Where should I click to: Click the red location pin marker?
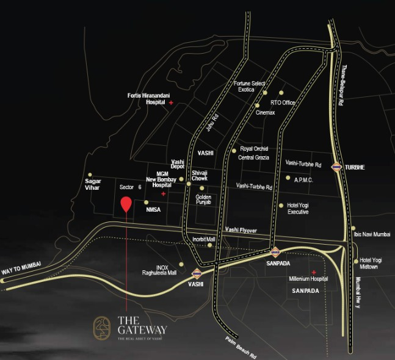coord(126,204)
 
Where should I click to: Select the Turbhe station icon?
coord(336,167)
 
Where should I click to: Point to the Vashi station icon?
coord(197,273)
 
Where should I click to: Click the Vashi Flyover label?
coord(241,230)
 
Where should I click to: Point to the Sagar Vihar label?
coord(93,185)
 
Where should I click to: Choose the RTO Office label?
coord(283,103)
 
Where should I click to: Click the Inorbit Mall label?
coord(204,240)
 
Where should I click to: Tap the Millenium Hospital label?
coord(308,279)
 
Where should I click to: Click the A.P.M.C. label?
coord(304,179)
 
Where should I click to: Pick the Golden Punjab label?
coord(203,200)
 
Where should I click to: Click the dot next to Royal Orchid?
coord(234,150)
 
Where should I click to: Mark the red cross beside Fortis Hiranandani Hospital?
coord(171,103)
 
